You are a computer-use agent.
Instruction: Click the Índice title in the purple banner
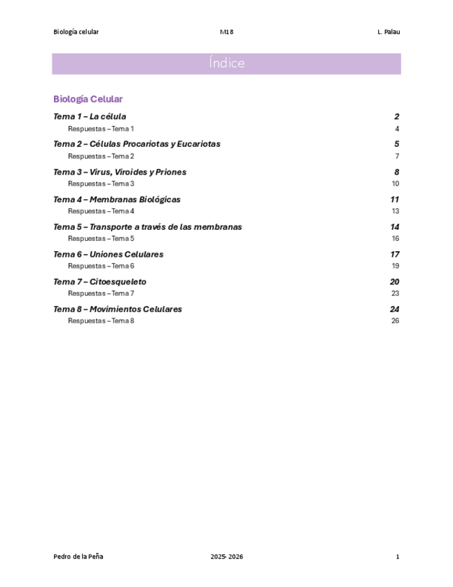click(x=226, y=64)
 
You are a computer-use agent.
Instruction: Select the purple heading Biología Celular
click(x=88, y=99)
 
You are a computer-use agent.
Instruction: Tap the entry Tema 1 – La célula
click(x=89, y=116)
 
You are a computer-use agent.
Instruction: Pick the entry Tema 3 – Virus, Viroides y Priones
click(x=120, y=172)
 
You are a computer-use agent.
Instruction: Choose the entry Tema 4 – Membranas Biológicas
click(x=116, y=199)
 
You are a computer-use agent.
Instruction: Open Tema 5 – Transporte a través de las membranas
click(x=147, y=227)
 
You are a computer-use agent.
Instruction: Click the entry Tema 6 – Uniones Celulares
click(x=108, y=254)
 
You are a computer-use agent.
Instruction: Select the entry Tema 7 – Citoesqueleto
click(x=100, y=282)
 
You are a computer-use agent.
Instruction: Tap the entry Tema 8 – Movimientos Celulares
click(x=118, y=309)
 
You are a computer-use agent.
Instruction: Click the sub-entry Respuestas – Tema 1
click(x=100, y=129)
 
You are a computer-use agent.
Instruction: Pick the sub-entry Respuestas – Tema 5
click(x=100, y=238)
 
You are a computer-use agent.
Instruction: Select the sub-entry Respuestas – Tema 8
click(x=100, y=320)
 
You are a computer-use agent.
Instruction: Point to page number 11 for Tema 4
click(x=395, y=199)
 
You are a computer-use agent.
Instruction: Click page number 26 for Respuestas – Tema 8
click(x=396, y=320)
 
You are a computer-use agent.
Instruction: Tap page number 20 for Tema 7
click(x=395, y=282)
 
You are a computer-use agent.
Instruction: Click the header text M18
click(x=226, y=32)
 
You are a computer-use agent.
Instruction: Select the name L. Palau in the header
click(x=389, y=32)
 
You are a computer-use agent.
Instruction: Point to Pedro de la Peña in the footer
click(x=78, y=557)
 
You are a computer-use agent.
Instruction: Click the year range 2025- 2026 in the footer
click(x=227, y=557)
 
